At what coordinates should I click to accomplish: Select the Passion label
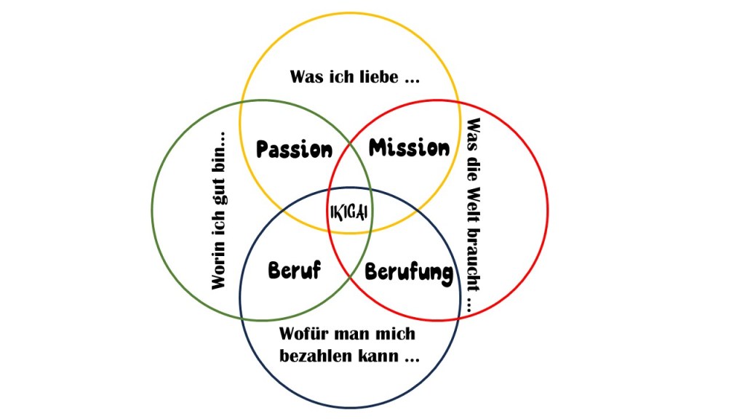pos(295,150)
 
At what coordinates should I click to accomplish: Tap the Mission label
pos(409,148)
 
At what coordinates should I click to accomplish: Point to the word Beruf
pos(295,271)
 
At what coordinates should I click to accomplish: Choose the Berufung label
pos(408,273)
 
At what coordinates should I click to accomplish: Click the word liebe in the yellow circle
pos(380,76)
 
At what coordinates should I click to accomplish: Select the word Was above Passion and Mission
pos(306,76)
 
